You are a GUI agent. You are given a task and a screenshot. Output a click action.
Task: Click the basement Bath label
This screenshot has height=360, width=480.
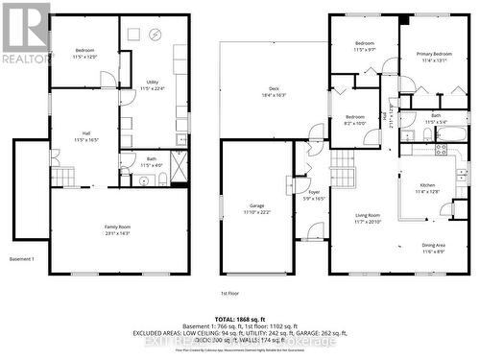pos(152,162)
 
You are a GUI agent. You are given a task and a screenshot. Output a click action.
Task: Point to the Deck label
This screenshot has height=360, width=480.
pos(274,92)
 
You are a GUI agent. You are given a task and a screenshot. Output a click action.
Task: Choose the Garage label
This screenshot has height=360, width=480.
pos(257,208)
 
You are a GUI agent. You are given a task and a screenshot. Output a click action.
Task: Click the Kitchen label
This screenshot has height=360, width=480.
pos(426,188)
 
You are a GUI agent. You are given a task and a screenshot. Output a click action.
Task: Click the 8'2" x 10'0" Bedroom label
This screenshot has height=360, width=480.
pos(355,120)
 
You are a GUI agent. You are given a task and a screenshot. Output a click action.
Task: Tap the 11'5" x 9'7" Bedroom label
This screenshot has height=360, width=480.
pos(365,46)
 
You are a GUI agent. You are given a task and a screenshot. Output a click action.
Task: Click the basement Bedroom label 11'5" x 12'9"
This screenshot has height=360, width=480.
pos(84,52)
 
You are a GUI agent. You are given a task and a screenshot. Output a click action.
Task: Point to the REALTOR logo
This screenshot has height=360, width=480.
pos(26,34)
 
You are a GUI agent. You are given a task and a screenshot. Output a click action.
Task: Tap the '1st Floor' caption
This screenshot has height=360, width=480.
pos(229,292)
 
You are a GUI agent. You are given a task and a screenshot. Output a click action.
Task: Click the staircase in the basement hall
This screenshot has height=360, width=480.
pos(62,177)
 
